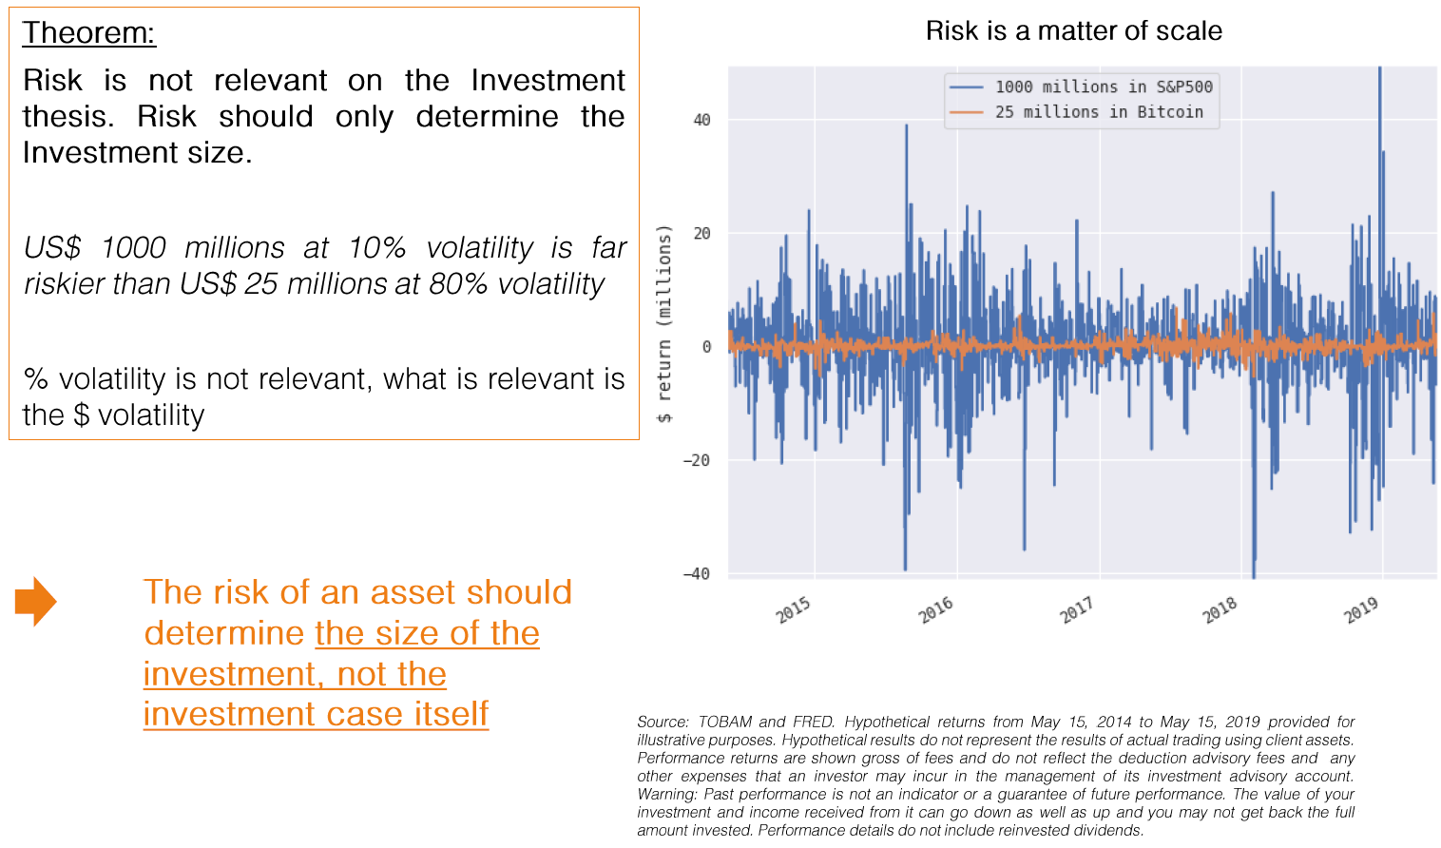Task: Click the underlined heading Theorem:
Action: point(88,33)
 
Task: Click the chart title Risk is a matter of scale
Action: point(1073,31)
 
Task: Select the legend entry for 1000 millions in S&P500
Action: point(1103,87)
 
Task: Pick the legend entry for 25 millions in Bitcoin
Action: point(1098,112)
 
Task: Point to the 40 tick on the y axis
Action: point(701,120)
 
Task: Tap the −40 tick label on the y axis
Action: point(697,573)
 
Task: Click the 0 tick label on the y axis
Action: point(706,347)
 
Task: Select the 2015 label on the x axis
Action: point(794,608)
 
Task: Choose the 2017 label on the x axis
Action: point(1077,608)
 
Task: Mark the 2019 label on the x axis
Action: point(1361,608)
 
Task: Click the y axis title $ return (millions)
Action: point(664,324)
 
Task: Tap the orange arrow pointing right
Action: point(36,601)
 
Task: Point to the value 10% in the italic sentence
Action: point(376,248)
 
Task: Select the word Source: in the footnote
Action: point(663,723)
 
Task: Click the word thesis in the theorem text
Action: point(66,117)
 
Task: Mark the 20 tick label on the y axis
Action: point(701,234)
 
